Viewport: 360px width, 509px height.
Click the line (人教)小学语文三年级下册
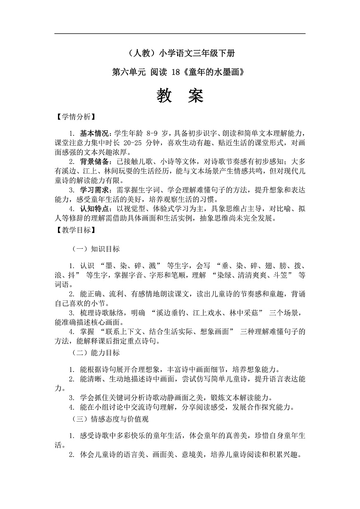click(x=180, y=53)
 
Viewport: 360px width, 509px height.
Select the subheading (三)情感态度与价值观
click(x=110, y=419)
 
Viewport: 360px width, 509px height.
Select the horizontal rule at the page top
click(x=180, y=34)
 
